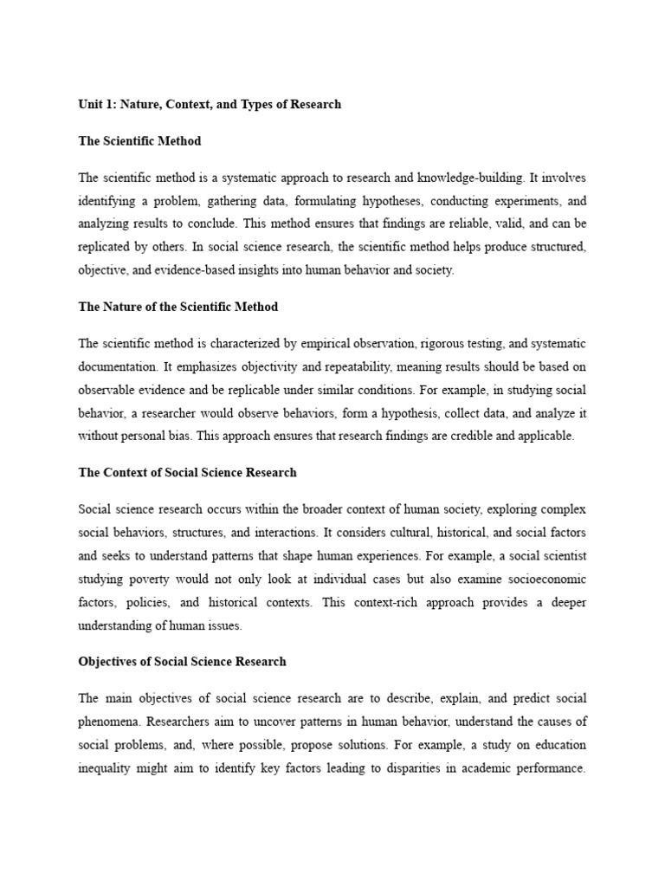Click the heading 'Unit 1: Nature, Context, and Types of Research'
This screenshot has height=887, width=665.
click(x=210, y=104)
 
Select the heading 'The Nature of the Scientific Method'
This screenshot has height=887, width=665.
click(x=178, y=307)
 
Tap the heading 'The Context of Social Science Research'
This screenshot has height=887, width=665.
click(x=187, y=472)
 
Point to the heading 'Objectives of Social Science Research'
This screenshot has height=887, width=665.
click(x=182, y=661)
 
